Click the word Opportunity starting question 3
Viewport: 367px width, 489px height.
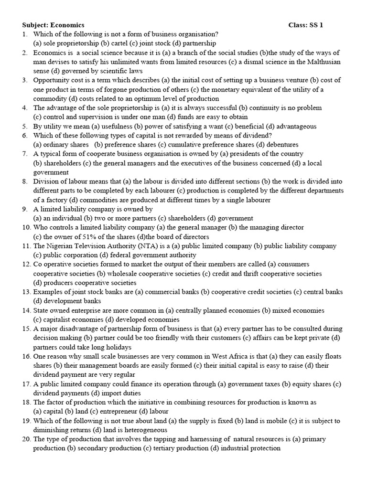point(51,80)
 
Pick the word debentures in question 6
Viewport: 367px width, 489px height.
point(282,145)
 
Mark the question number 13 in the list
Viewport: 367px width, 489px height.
point(26,292)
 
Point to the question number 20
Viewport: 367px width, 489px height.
point(26,439)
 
